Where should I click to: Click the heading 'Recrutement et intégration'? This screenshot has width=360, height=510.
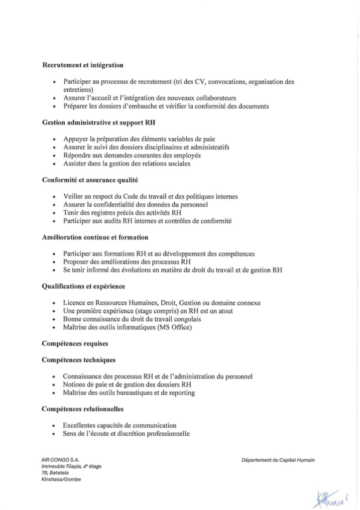[x=83, y=65]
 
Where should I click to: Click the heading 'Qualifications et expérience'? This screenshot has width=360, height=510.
[x=84, y=286]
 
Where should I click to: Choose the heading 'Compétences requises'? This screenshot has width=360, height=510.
[x=75, y=344]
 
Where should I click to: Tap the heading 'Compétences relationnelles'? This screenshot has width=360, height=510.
[x=83, y=409]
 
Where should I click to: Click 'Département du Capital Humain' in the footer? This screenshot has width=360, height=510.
[x=277, y=460]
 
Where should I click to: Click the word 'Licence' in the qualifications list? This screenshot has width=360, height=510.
[x=74, y=303]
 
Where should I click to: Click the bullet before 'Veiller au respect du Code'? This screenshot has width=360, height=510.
[x=54, y=197]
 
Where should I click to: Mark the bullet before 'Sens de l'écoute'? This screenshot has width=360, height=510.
[x=54, y=434]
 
